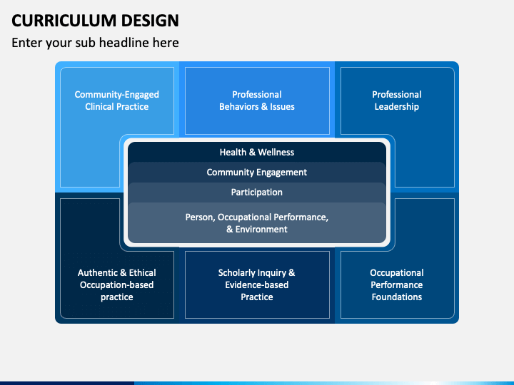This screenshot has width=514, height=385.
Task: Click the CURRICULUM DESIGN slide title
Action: [95, 21]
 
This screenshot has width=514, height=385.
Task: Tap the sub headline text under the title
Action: [95, 43]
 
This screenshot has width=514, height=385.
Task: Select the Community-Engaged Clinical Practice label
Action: [116, 101]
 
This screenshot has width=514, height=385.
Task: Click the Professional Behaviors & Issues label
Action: [257, 101]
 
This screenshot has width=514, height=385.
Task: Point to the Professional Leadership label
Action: [397, 101]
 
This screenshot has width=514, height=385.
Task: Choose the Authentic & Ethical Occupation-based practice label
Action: [116, 284]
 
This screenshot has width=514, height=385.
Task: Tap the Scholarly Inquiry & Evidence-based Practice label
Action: [257, 284]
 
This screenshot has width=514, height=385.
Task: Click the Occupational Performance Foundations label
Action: [397, 284]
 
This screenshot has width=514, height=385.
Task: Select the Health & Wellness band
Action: [257, 153]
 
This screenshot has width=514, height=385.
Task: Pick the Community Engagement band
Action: [257, 173]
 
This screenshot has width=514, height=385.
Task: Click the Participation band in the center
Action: [257, 192]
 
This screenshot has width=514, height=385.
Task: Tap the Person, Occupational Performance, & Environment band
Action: [257, 223]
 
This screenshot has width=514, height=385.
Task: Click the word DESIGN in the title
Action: [150, 21]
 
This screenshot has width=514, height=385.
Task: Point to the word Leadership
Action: [397, 107]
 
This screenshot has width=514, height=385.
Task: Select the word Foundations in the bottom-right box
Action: [397, 297]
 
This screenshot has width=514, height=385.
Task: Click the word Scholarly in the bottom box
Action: [235, 273]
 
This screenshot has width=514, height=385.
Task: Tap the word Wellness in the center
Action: [276, 153]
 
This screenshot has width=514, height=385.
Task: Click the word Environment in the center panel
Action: [261, 229]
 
